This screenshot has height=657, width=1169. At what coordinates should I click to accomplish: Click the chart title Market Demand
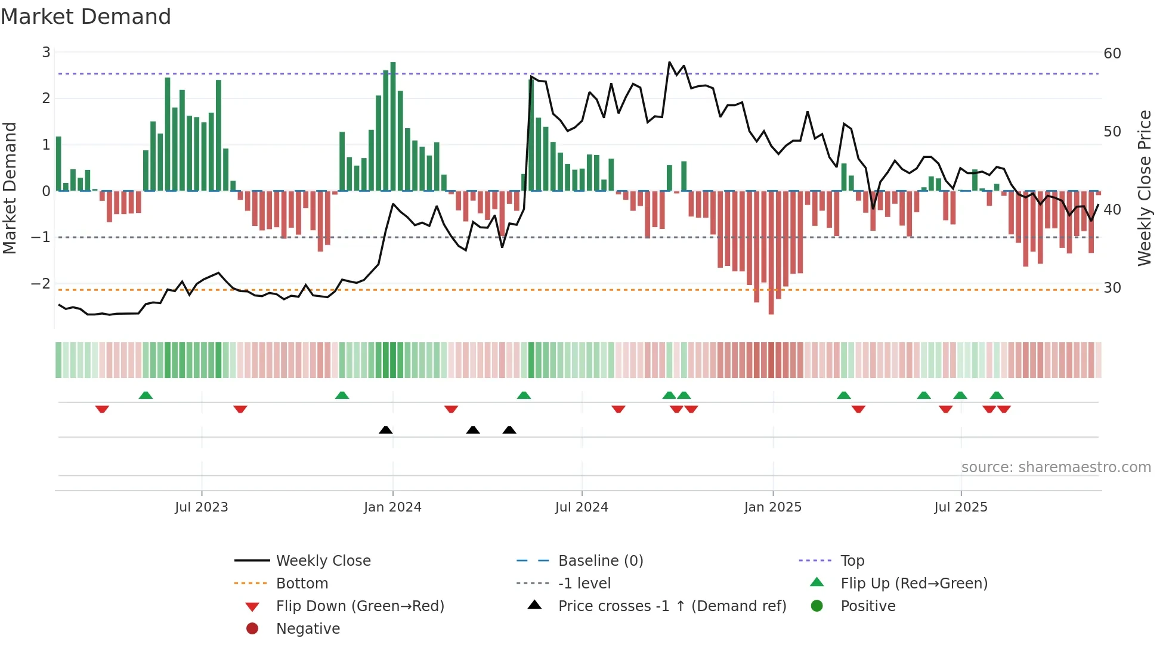(x=86, y=17)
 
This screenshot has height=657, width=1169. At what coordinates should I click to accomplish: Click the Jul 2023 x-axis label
(x=201, y=507)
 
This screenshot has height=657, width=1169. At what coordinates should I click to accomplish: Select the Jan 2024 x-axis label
(x=392, y=507)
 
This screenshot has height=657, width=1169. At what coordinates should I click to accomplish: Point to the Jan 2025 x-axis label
(x=772, y=507)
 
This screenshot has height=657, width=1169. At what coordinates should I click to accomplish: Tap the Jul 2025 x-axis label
(x=960, y=507)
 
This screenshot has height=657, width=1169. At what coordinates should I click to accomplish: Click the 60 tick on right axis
(x=1112, y=54)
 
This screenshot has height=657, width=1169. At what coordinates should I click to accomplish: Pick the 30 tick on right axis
(x=1112, y=288)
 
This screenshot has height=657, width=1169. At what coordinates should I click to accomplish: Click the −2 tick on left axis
(x=41, y=284)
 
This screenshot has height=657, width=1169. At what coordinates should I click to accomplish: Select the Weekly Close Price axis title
(x=1144, y=188)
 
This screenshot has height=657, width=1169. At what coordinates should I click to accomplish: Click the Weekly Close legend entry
(x=323, y=561)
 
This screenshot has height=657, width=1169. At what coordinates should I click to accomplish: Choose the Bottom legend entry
(x=302, y=584)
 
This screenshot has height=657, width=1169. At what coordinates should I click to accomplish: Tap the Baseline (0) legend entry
(x=600, y=561)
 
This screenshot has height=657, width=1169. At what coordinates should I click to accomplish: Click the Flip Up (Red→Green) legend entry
(x=914, y=584)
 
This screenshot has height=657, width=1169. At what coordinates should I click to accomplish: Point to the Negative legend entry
(x=308, y=629)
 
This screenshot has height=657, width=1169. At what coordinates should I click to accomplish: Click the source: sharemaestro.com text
(x=1056, y=467)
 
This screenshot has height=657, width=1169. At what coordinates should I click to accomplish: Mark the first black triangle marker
(x=386, y=430)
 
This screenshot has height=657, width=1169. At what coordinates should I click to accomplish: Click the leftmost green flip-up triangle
(x=146, y=395)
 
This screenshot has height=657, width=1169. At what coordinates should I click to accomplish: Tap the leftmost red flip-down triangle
(x=102, y=409)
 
